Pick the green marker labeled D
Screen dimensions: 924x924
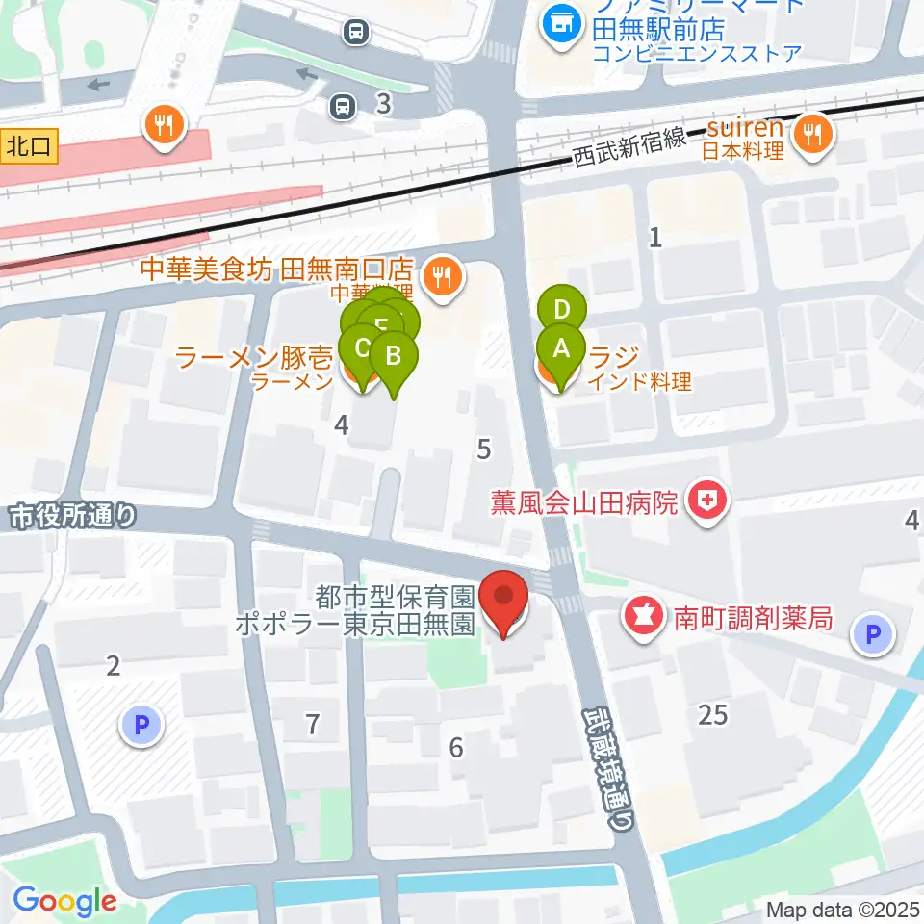[x=562, y=310]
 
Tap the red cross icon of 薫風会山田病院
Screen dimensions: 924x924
[x=708, y=501]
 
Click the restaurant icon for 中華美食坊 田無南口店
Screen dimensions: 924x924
[x=443, y=277]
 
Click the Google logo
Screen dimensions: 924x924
[x=65, y=901]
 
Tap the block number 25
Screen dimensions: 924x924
[x=713, y=714]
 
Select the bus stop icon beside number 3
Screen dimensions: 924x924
[x=340, y=106]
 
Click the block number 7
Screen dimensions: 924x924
[x=312, y=724]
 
